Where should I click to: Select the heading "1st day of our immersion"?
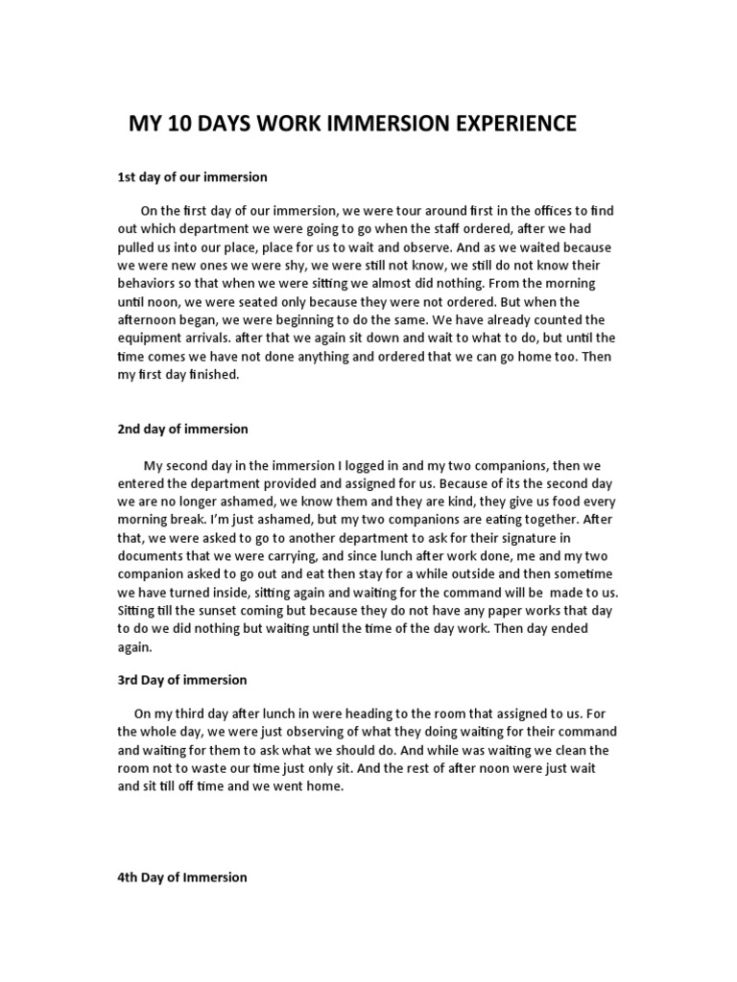[x=192, y=177]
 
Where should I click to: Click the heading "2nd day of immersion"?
[x=182, y=429]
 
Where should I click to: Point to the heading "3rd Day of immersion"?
[x=182, y=680]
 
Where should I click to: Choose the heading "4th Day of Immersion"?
[x=182, y=877]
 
